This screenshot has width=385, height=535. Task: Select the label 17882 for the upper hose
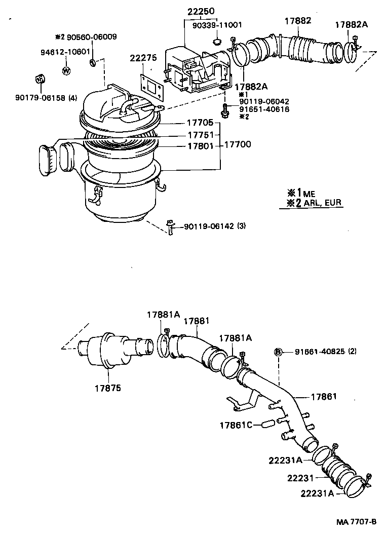[x=297, y=21]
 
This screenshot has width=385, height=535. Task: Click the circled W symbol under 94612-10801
[x=66, y=70]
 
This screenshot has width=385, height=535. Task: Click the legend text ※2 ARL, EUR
[x=314, y=203]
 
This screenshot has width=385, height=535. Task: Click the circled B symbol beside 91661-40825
[x=278, y=352]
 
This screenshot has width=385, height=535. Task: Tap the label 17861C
[x=236, y=425]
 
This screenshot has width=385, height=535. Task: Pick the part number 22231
[x=301, y=477]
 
